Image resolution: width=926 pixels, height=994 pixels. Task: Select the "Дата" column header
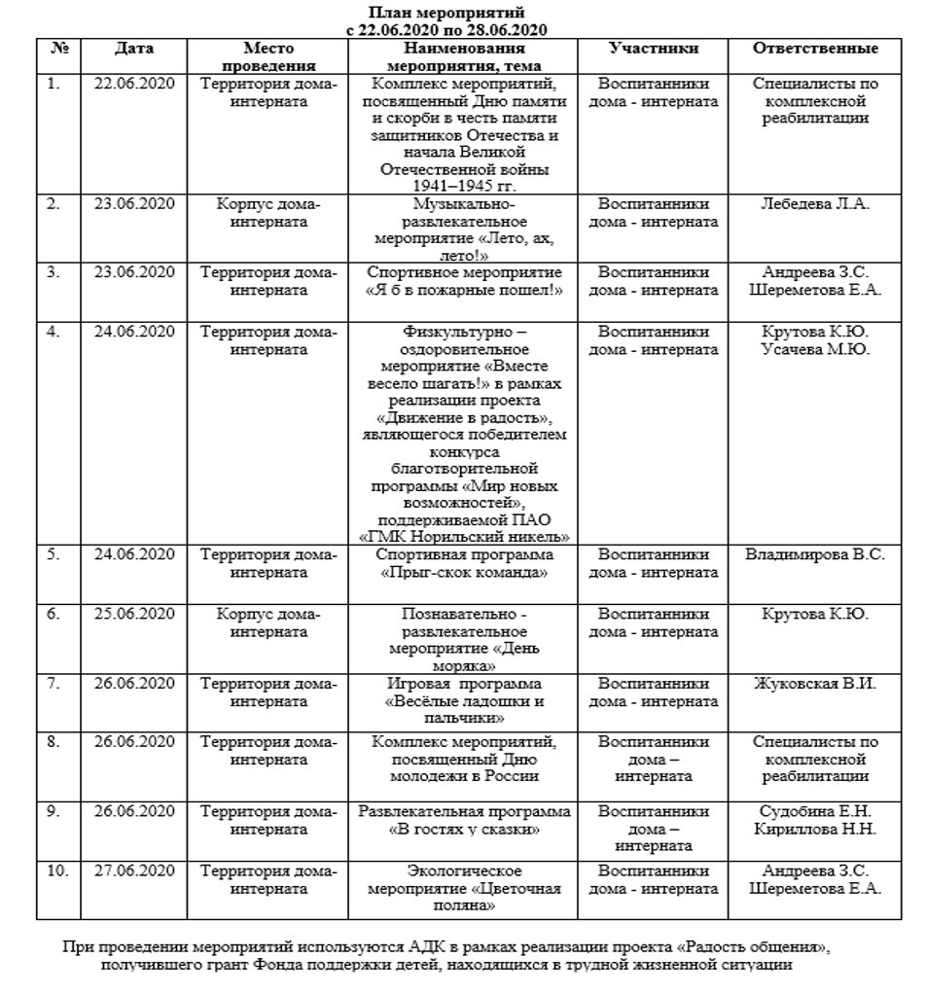[x=133, y=48]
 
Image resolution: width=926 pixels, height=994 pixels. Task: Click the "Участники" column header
[x=653, y=48]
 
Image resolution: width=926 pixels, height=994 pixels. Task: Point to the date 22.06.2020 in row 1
[x=133, y=84]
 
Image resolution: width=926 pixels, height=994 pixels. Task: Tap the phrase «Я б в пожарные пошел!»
[x=463, y=290]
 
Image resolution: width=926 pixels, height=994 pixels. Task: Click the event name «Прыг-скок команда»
[x=463, y=573]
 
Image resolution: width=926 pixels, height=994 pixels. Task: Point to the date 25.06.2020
[x=133, y=614]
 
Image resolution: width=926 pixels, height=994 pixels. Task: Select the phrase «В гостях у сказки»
[x=463, y=830]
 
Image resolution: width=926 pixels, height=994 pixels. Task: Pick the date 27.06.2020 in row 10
[x=133, y=870]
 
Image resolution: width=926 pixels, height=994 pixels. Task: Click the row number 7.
[x=53, y=684]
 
